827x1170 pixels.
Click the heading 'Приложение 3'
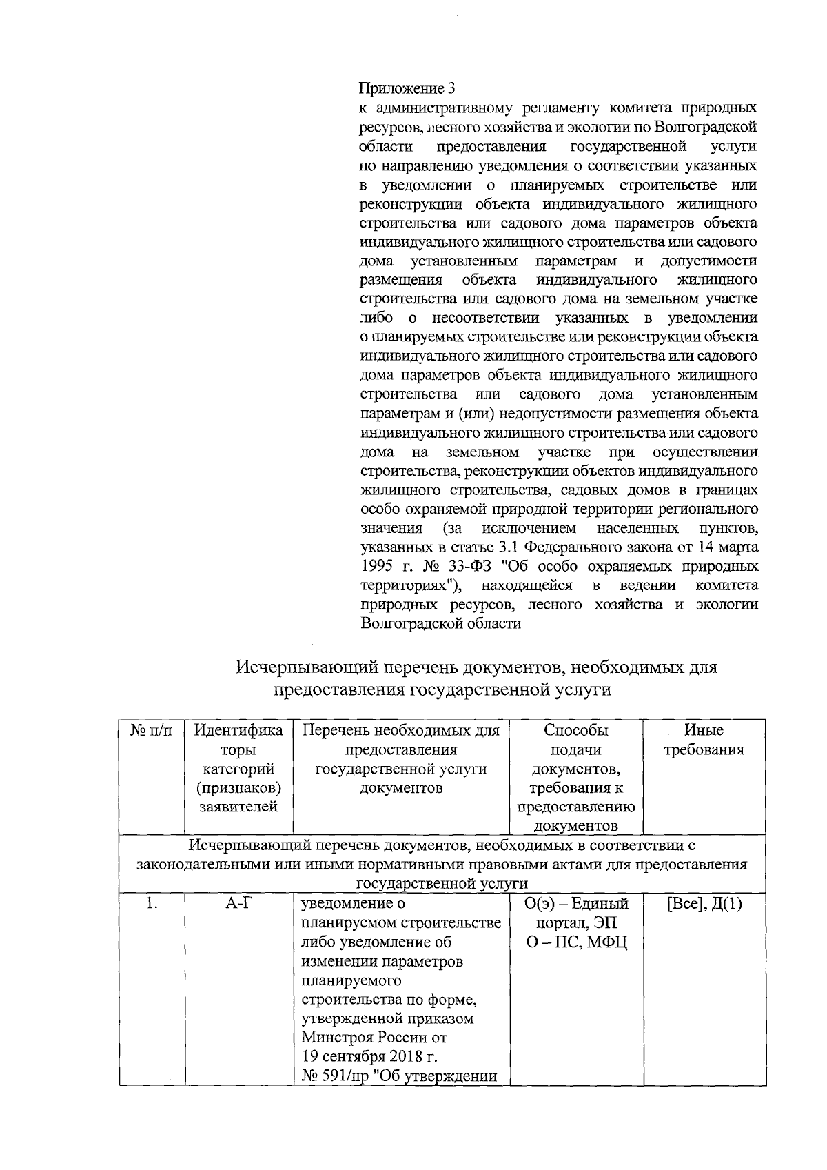pyautogui.click(x=407, y=89)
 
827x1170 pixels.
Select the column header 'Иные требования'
pyautogui.click(x=704, y=740)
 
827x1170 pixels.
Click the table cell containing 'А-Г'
pyautogui.click(x=238, y=904)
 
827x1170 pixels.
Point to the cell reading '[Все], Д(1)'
pyautogui.click(x=704, y=904)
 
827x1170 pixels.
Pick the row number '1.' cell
pyautogui.click(x=152, y=904)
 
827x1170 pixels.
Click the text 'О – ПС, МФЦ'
pyautogui.click(x=575, y=942)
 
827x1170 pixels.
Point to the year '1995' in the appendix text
pyautogui.click(x=378, y=566)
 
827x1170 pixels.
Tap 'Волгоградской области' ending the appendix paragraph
pyautogui.click(x=441, y=623)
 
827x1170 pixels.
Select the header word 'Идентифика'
pyautogui.click(x=238, y=730)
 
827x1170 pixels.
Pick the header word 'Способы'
pyautogui.click(x=575, y=730)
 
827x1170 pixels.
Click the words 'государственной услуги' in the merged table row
pyautogui.click(x=442, y=884)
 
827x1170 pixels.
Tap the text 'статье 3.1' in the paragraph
pyautogui.click(x=484, y=547)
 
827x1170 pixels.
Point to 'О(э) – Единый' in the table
pyautogui.click(x=575, y=904)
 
